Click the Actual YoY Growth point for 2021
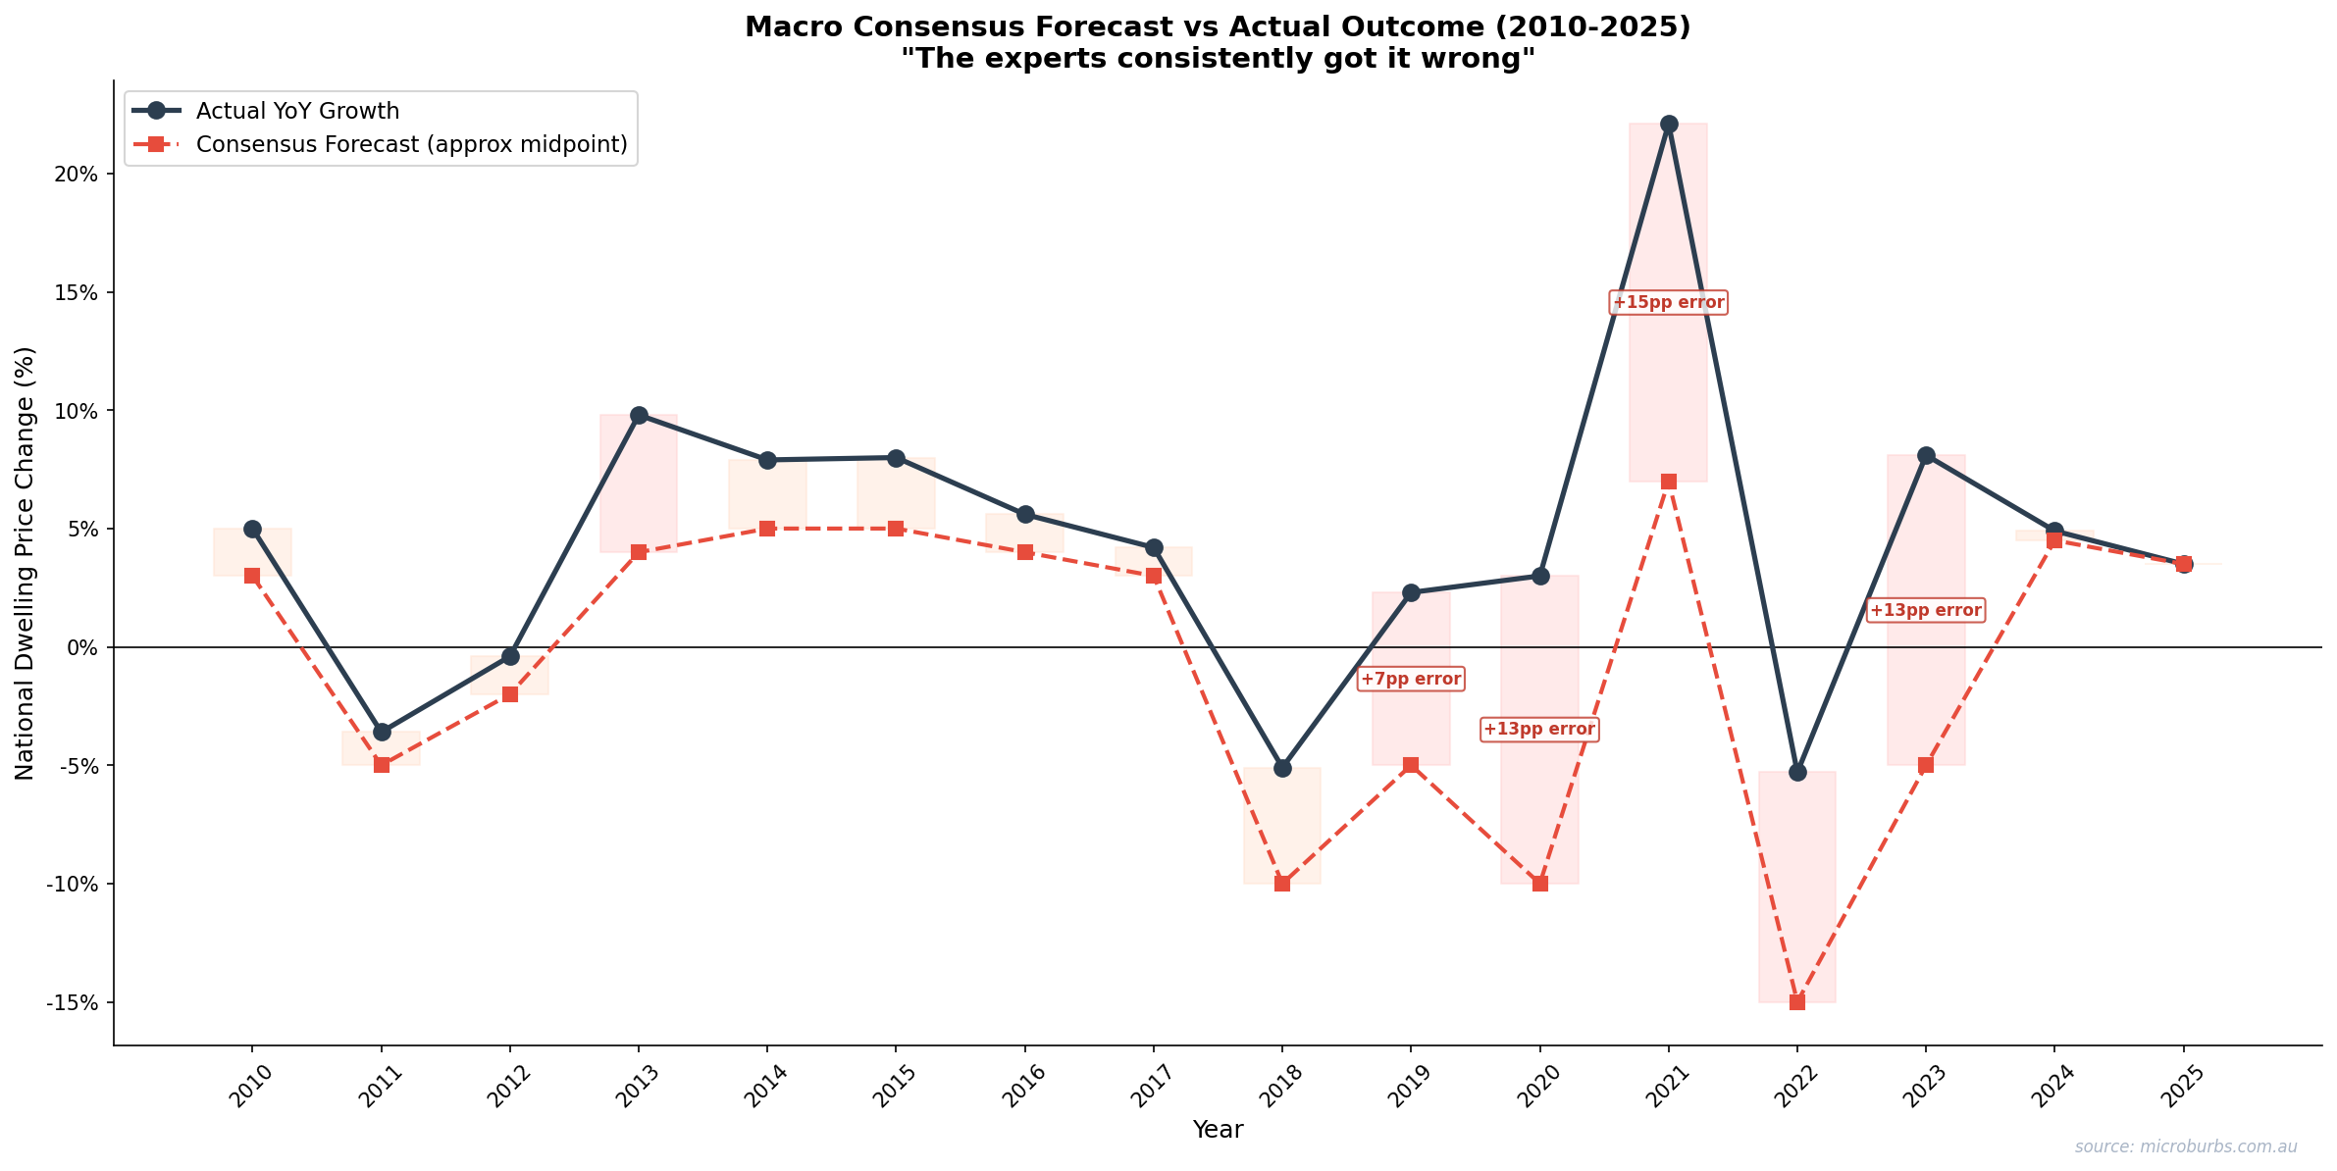pos(1668,124)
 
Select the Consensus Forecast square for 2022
pos(1796,1002)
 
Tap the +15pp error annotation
pos(1668,302)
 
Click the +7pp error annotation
pos(1411,679)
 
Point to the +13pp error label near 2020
pos(1538,729)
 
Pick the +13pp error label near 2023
pos(1925,610)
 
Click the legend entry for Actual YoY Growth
pos(297,111)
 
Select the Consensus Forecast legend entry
pos(411,144)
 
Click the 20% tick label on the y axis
pos(77,175)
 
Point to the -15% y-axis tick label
pos(73,1002)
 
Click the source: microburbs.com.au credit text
pos(2185,1146)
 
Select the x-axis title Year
pos(1218,1130)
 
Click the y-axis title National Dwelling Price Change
pos(25,563)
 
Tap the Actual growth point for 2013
pos(639,415)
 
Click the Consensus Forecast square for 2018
pos(1281,884)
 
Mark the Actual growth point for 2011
pos(382,732)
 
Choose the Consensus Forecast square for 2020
pos(1539,884)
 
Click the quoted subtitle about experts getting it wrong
pos(1218,59)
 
